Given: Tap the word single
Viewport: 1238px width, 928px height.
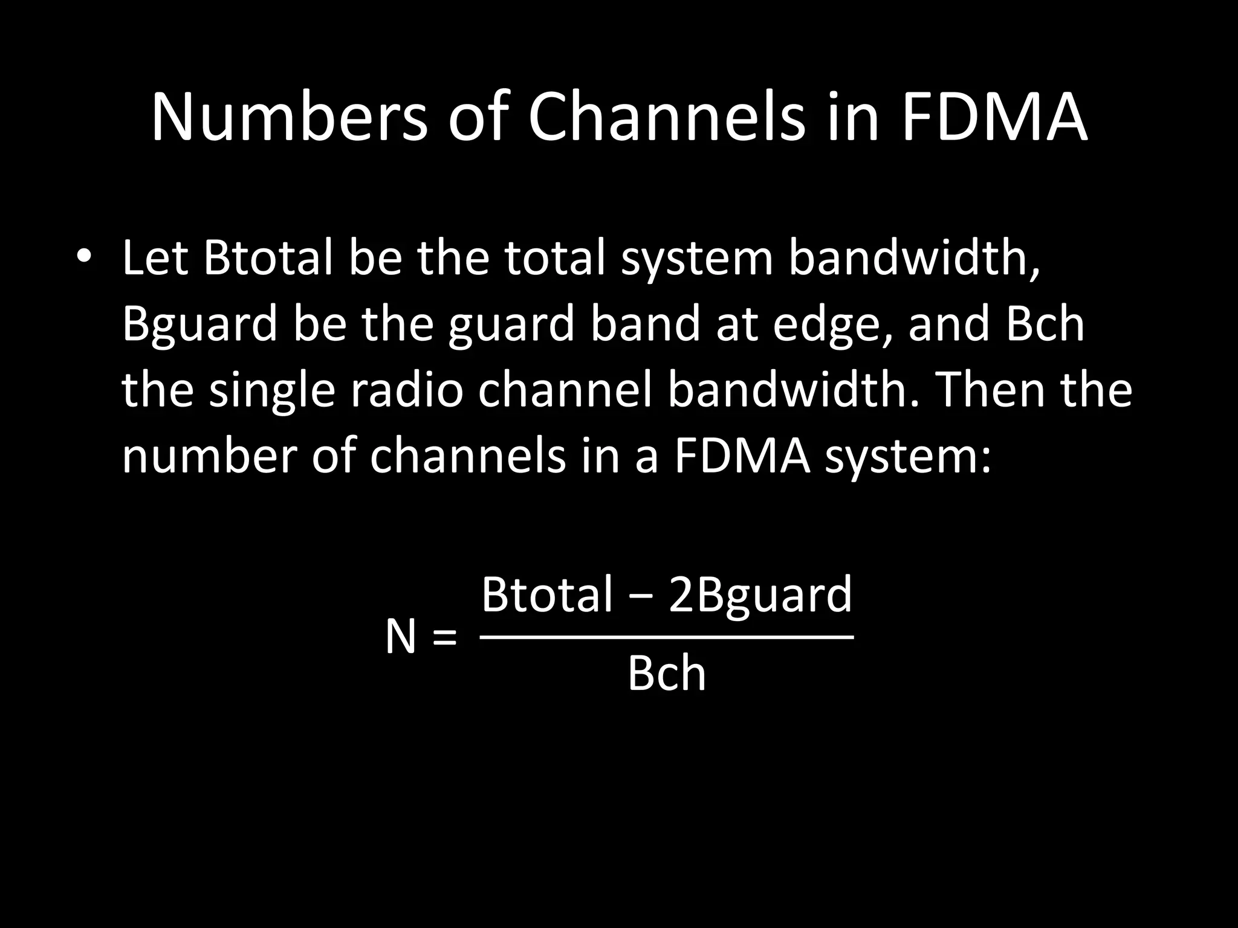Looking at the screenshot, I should (272, 391).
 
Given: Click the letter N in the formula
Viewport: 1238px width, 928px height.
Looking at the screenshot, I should (401, 638).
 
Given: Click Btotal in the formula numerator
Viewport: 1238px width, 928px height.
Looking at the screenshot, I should (546, 594).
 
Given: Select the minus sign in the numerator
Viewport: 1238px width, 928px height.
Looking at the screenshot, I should (641, 597).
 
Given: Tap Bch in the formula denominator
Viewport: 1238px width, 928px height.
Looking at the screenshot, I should (666, 674).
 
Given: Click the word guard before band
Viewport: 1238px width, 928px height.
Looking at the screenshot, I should (511, 326).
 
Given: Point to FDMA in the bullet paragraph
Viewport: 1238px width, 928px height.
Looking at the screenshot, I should (741, 457).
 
